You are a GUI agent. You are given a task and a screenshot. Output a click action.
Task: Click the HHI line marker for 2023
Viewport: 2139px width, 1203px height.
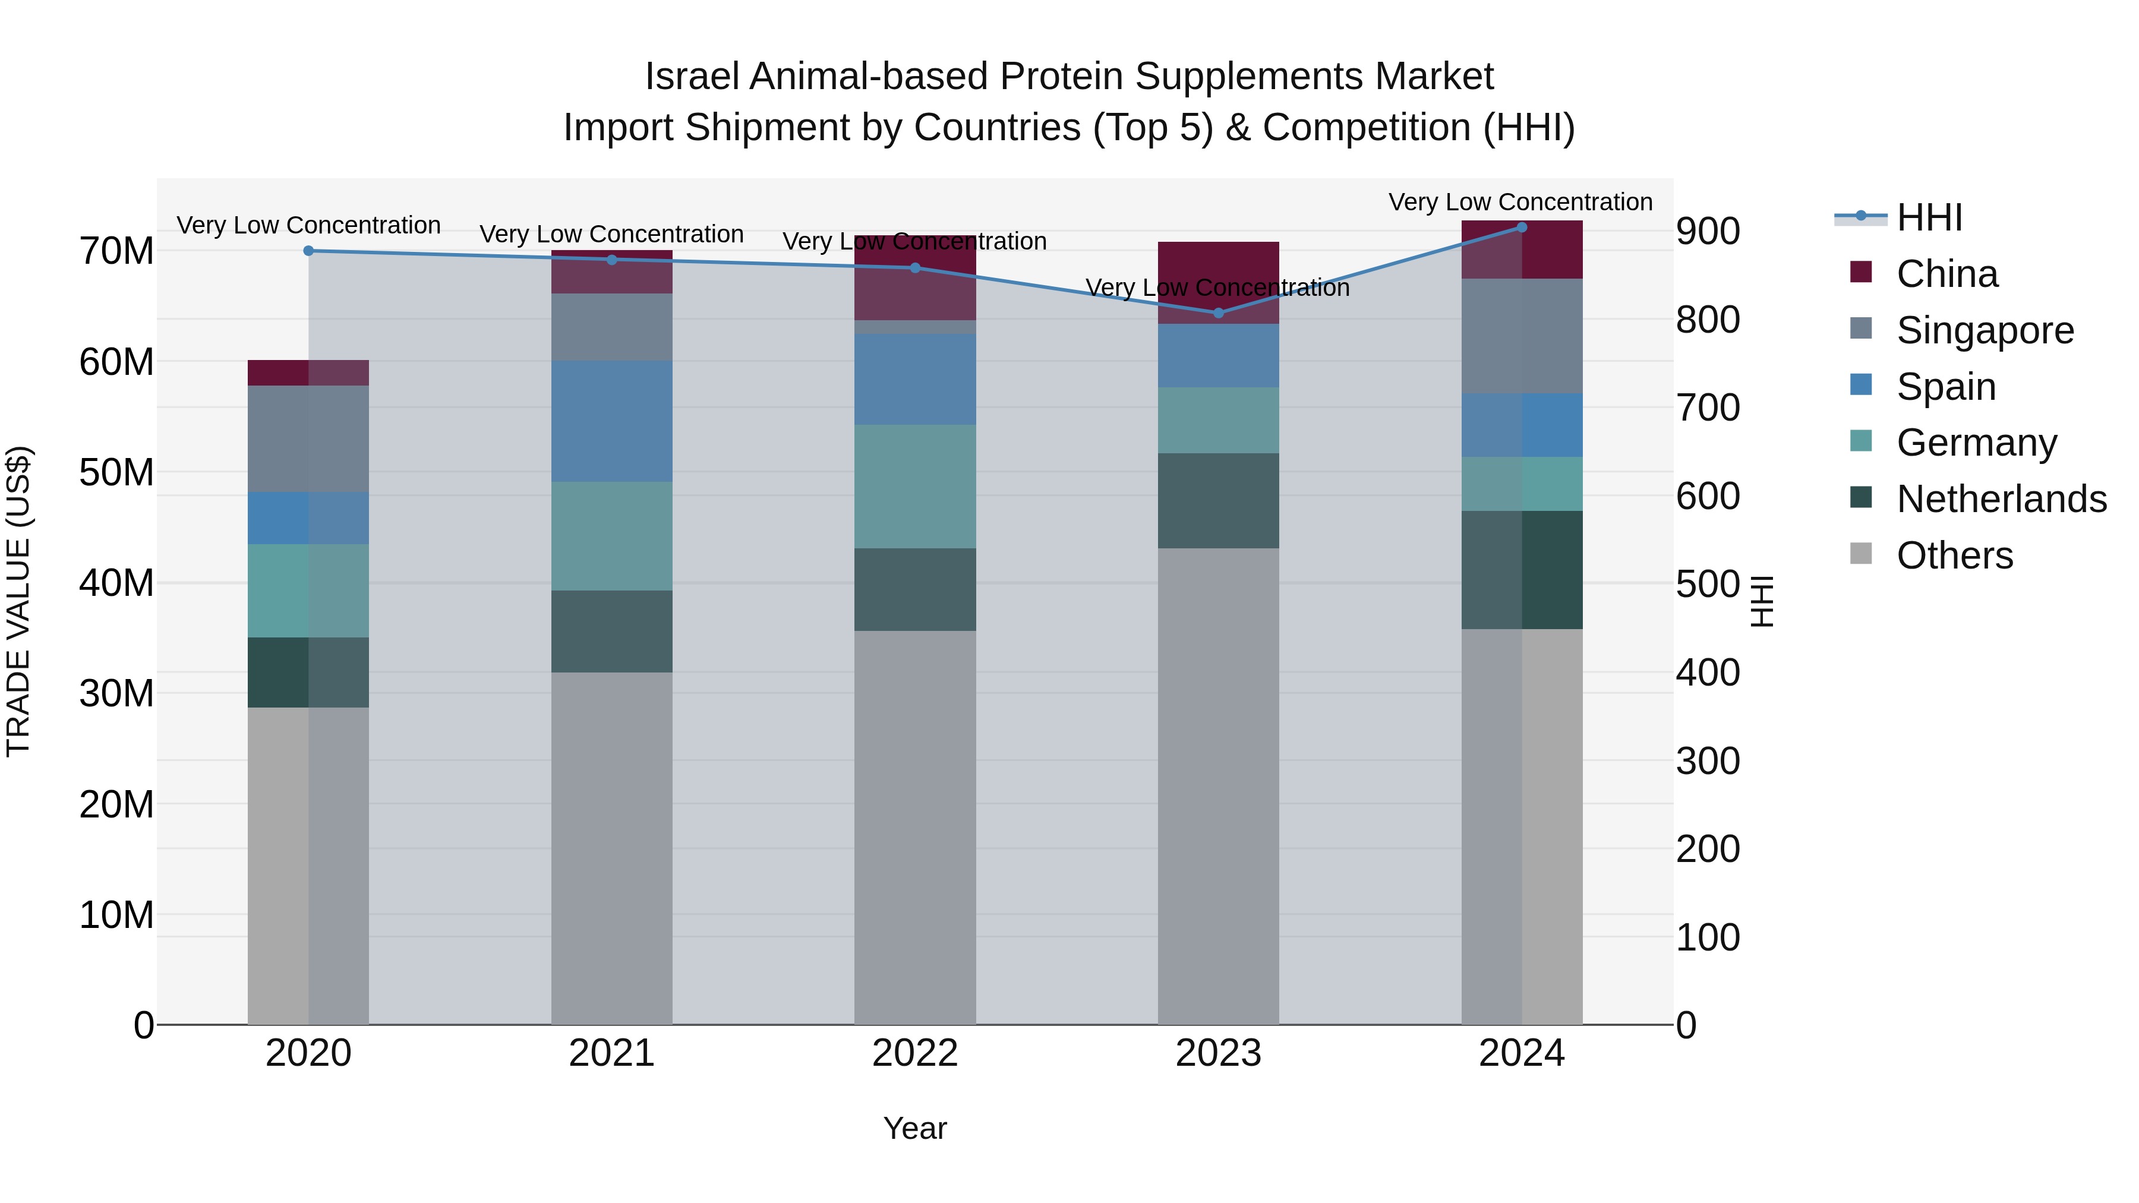point(1218,313)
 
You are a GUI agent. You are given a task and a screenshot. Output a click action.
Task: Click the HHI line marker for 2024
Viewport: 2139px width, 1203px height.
point(1521,228)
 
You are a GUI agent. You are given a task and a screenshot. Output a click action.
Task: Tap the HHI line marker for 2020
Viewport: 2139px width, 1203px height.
point(308,251)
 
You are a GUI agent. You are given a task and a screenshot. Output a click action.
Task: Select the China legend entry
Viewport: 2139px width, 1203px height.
point(1946,274)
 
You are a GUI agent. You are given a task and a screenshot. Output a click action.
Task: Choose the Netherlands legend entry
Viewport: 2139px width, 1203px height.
point(2001,499)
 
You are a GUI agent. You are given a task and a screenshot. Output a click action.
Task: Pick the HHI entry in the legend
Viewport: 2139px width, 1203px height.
point(1929,217)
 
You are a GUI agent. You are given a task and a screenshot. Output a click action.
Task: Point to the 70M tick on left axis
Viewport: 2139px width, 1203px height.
point(116,251)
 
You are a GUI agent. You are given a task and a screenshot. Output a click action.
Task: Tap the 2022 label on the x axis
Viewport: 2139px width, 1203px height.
point(915,1053)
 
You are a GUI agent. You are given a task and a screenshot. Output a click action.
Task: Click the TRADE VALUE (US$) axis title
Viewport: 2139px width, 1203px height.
point(18,601)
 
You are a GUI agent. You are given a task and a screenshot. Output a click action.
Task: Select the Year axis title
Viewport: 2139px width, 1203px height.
point(915,1128)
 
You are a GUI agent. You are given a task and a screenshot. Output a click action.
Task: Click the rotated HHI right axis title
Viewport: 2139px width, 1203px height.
point(1761,601)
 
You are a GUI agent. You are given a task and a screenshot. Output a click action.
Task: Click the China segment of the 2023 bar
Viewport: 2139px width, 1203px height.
point(1218,282)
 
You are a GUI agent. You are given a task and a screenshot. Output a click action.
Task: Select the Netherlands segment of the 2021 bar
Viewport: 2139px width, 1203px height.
point(611,631)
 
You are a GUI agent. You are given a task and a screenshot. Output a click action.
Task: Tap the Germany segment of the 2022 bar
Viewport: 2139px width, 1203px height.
point(915,487)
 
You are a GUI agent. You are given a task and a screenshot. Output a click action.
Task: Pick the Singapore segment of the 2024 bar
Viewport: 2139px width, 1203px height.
point(1521,336)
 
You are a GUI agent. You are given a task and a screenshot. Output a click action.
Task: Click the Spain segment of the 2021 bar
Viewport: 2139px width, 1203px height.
point(611,421)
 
